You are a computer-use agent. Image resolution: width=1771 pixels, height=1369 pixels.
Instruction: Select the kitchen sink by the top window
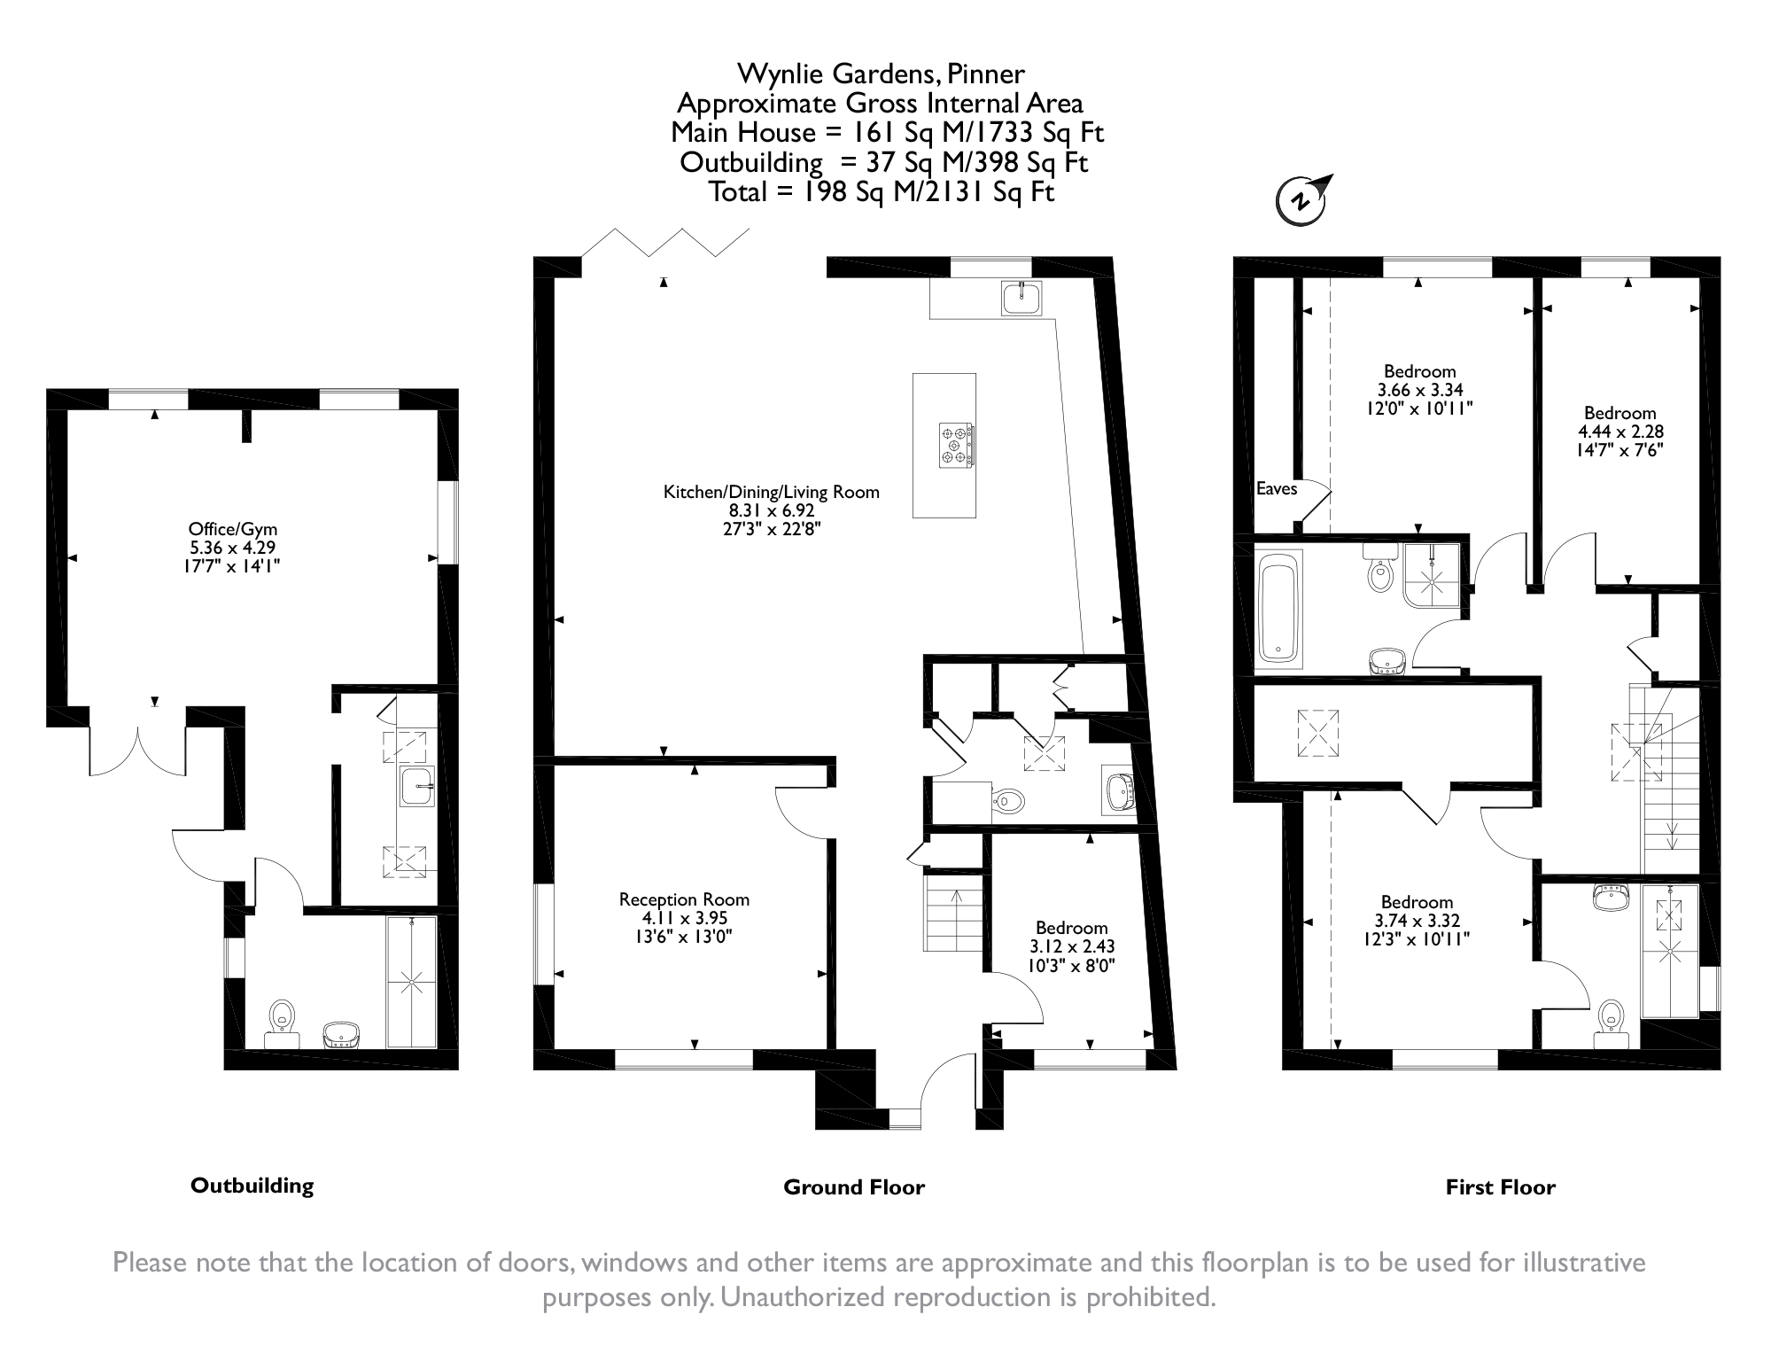pos(1022,297)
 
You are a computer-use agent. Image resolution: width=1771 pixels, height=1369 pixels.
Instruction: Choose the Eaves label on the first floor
pos(1277,488)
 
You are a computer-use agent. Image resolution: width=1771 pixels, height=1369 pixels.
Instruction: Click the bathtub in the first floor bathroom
pos(1278,607)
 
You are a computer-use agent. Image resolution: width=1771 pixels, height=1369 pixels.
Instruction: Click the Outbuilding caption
pos(252,1186)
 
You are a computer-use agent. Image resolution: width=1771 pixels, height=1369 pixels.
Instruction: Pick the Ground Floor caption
pos(854,1187)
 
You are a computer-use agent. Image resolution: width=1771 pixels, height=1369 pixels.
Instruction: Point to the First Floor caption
pos(1501,1187)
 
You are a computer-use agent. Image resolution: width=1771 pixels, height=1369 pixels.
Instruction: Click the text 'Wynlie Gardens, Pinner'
pos(882,73)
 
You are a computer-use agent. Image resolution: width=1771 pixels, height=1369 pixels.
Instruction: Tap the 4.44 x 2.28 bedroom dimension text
pos(1620,432)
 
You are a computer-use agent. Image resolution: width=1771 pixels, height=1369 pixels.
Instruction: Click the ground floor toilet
pos(1006,801)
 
